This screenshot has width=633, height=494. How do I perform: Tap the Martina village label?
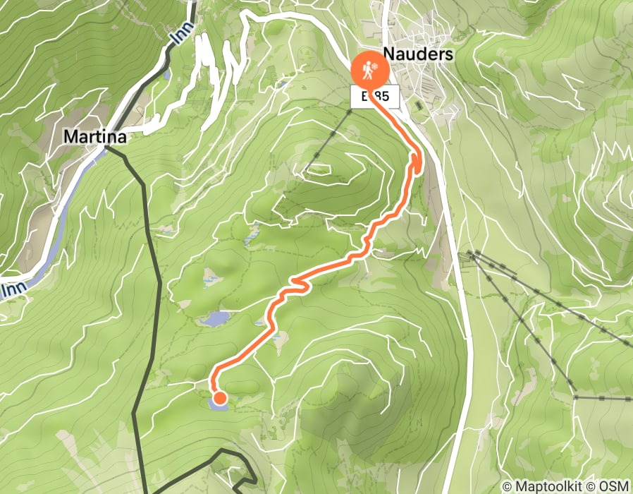click(x=94, y=137)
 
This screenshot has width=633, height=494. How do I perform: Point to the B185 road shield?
click(x=375, y=97)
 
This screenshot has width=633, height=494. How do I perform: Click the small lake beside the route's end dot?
click(x=219, y=405)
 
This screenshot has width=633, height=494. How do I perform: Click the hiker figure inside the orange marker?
click(x=367, y=70)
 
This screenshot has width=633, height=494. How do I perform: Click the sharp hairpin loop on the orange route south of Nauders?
click(x=417, y=163)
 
